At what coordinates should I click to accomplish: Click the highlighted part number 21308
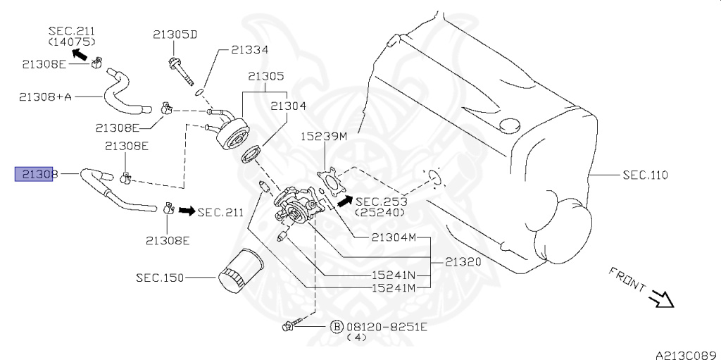click(36, 173)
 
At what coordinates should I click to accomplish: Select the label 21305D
click(175, 34)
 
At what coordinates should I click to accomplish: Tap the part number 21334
click(250, 50)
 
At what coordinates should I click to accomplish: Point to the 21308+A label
click(45, 96)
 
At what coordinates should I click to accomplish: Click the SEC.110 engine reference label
click(645, 175)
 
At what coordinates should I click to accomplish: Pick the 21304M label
click(394, 237)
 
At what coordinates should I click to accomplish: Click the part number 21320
click(463, 261)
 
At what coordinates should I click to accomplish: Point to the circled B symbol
click(337, 327)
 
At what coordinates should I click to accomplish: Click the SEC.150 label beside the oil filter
click(160, 278)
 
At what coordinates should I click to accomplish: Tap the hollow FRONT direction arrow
click(662, 299)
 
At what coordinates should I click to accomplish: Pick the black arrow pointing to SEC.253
click(344, 201)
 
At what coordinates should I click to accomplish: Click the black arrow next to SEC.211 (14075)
click(80, 53)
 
